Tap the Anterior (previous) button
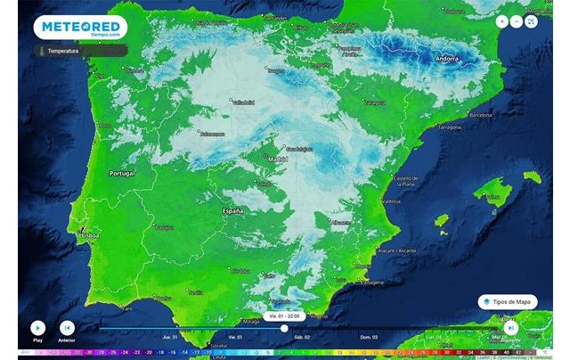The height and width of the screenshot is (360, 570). coord(66,328)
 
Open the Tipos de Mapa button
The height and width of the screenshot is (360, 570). coord(507,301)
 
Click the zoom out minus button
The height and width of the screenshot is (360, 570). coord(517,20)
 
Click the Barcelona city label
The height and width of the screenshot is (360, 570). coord(480,115)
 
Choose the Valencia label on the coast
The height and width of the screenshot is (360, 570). coord(391,202)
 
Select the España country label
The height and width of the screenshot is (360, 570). coord(232,211)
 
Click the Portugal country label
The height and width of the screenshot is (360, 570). coord(121,173)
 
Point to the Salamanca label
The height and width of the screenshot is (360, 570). coord(212,134)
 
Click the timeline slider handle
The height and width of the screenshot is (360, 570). coord(284,328)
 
